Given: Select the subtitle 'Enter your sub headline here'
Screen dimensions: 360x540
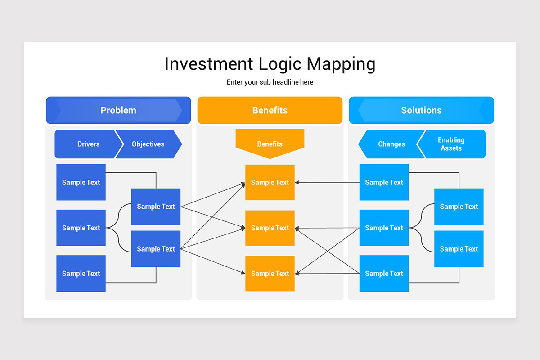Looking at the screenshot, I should pos(270,82).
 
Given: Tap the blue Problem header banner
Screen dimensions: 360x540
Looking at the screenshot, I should pos(118,110).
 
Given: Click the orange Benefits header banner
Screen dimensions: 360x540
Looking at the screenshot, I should pos(270,110).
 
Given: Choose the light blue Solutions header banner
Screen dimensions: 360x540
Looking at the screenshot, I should pos(421,110).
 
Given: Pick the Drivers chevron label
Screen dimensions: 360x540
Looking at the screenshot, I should pos(88,144).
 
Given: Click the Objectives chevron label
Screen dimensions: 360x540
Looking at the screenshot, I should pos(148,144).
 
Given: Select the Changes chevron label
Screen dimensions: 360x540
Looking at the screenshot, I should pos(391,144).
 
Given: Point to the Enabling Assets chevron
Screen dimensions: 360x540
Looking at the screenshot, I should pos(451,144).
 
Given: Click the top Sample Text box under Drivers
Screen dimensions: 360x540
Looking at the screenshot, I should pos(81,182).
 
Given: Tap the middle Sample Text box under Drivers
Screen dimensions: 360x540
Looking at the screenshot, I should pos(81,228).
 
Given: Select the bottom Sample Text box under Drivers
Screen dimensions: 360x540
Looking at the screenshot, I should pos(81,273).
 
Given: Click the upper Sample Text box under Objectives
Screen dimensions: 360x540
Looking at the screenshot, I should pos(156,207).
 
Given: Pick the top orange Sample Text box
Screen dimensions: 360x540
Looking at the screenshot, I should pos(270,182).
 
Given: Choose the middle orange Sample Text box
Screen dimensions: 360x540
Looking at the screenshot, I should pos(270,228).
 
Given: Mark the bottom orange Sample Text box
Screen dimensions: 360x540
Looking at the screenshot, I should pos(270,273).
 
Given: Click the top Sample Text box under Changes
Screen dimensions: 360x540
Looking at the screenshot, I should pos(384,182).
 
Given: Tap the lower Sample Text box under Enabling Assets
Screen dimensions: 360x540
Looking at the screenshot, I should pos(459,249).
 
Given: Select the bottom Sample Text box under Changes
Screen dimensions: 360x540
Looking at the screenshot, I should pos(384,273).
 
